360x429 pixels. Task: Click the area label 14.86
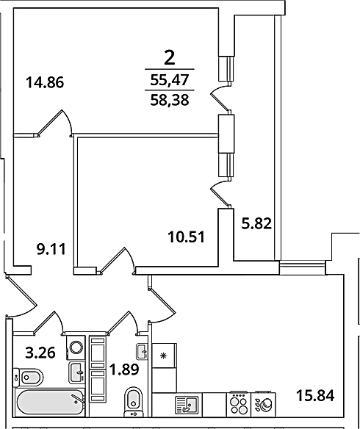45,82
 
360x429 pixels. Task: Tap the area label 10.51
187,237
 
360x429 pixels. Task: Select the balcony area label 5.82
256,224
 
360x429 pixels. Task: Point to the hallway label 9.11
51,249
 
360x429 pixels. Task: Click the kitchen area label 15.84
315,396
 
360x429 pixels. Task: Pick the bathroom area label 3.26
40,353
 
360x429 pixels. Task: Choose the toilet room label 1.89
124,370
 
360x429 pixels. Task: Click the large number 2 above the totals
169,59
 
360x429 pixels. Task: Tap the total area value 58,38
170,100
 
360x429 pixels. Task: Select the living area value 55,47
170,80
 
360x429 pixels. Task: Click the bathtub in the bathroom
49,403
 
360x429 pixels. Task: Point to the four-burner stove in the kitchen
239,405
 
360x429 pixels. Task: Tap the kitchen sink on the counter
187,405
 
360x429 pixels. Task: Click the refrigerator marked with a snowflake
164,356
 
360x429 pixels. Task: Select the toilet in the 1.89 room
134,402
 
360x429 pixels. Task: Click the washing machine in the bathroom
76,347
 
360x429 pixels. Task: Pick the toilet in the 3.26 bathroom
28,378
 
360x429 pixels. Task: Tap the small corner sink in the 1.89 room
142,352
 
